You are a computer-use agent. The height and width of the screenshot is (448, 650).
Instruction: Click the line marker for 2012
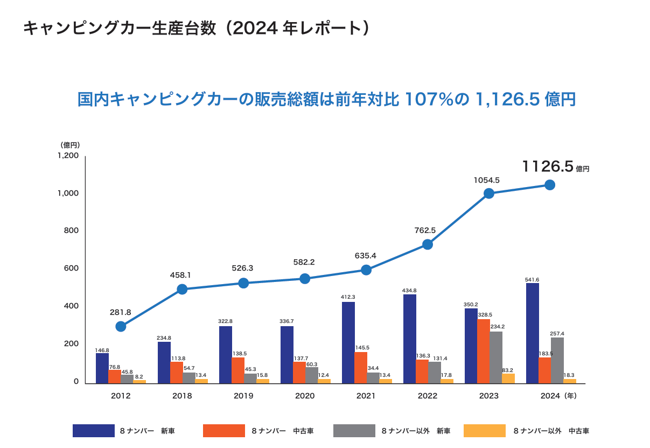121,326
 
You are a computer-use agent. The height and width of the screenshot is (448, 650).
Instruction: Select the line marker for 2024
550,185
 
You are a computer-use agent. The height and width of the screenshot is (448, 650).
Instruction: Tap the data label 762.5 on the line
425,230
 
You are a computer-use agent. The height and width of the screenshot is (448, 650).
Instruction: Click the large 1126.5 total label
547,167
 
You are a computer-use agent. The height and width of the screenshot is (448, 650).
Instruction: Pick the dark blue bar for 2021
348,342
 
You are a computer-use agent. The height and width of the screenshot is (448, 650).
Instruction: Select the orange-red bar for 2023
484,351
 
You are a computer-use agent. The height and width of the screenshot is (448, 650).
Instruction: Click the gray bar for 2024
557,360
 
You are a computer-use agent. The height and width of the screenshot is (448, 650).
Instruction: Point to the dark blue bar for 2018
164,362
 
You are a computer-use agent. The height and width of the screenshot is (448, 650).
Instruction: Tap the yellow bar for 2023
508,378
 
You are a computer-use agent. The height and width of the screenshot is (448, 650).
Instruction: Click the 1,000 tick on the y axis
68,193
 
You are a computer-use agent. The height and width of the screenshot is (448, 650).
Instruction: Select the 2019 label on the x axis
243,396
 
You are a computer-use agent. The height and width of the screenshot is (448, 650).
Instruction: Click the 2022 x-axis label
428,396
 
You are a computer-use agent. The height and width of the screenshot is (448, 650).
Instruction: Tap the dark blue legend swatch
94,431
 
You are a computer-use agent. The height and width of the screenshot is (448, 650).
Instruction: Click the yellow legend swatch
485,431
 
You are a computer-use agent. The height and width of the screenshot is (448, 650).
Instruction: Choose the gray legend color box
354,431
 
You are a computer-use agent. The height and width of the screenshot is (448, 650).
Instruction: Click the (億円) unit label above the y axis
70,144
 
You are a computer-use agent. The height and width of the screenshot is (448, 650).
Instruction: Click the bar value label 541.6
532,279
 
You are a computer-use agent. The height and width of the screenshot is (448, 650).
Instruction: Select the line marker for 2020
305,279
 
